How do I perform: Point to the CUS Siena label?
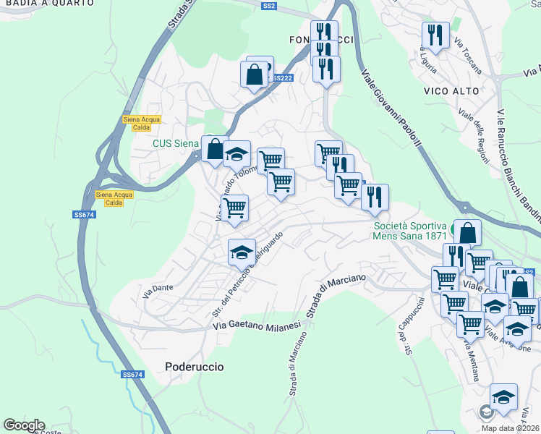[175, 143]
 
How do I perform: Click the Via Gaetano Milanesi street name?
[257, 327]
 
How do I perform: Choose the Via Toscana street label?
[469, 58]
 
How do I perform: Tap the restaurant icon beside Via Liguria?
[435, 35]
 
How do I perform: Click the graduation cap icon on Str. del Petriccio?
[242, 252]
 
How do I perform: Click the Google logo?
[23, 425]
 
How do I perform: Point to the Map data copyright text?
[511, 428]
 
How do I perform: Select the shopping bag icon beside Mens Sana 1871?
[467, 233]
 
